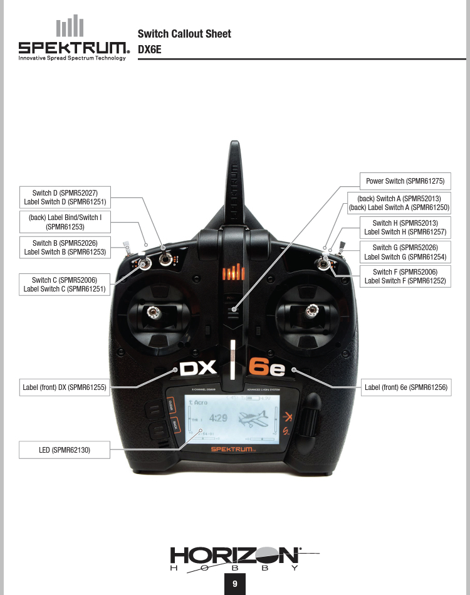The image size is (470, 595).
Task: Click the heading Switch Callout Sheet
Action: click(184, 34)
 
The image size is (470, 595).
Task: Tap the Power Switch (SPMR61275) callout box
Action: click(405, 181)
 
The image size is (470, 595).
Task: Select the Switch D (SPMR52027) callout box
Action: click(65, 197)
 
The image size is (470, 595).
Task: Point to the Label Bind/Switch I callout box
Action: click(65, 222)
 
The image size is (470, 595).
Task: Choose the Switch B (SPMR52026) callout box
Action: click(65, 248)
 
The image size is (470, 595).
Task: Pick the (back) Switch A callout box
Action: click(399, 203)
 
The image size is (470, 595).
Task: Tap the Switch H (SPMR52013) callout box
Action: click(405, 228)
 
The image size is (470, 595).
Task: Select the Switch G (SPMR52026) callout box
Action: click(405, 252)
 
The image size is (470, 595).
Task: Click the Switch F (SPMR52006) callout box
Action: click(405, 276)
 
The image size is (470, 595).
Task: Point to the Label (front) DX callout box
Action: click(65, 388)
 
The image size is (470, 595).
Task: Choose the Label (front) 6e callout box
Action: click(405, 388)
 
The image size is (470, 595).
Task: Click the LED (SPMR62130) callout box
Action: click(65, 450)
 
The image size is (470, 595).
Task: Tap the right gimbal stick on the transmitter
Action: click(310, 309)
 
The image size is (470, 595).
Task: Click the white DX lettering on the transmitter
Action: click(197, 368)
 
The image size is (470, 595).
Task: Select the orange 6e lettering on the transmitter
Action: click(266, 368)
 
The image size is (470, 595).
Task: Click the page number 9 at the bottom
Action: click(235, 584)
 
